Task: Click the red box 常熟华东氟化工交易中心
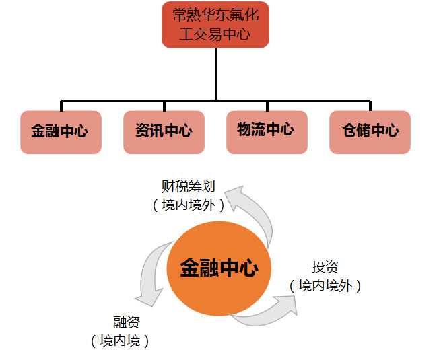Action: [x=215, y=24]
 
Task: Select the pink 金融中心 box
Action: [x=61, y=132]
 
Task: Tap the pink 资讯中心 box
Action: [x=164, y=132]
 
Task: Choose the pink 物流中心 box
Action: [x=267, y=131]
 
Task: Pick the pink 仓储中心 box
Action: [x=370, y=132]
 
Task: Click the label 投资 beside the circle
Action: [x=325, y=267]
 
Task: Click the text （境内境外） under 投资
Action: [x=325, y=286]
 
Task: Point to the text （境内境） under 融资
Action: [x=121, y=341]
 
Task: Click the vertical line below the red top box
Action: [x=215, y=74]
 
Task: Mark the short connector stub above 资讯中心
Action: [x=164, y=106]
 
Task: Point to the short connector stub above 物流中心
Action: [x=267, y=106]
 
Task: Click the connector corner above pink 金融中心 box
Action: [x=62, y=102]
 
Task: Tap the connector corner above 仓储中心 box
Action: [x=369, y=102]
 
